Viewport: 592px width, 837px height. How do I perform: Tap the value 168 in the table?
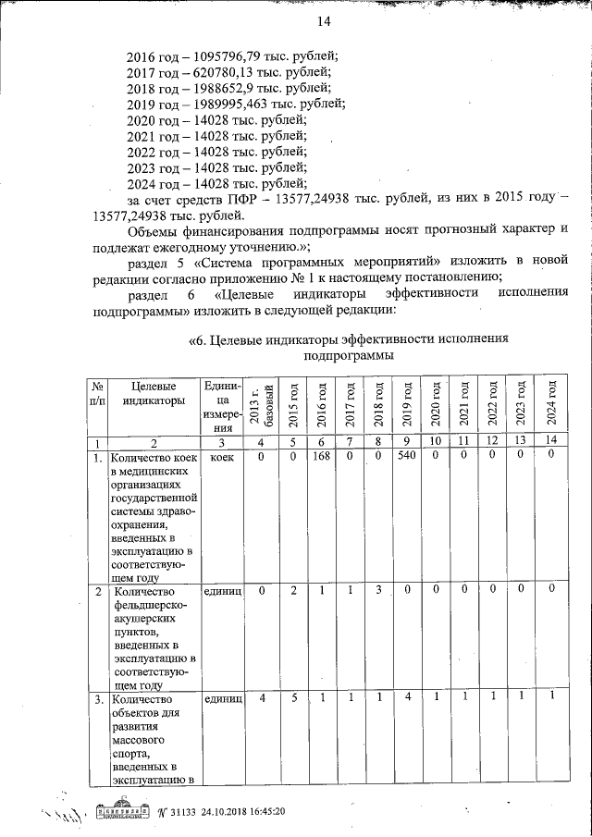pyautogui.click(x=322, y=456)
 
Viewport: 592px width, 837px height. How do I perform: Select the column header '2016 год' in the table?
pyautogui.click(x=322, y=404)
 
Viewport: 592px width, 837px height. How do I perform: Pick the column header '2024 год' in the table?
pyautogui.click(x=550, y=404)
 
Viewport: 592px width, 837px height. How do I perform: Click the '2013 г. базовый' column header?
pyautogui.click(x=262, y=407)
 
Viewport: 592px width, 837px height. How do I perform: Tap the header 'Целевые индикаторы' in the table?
pyautogui.click(x=153, y=393)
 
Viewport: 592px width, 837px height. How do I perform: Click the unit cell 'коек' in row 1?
pyautogui.click(x=221, y=457)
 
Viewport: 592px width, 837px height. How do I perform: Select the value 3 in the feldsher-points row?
pyautogui.click(x=378, y=589)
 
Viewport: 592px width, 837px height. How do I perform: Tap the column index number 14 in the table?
pyautogui.click(x=550, y=442)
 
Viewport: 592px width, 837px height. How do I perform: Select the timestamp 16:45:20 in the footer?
pyautogui.click(x=261, y=811)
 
